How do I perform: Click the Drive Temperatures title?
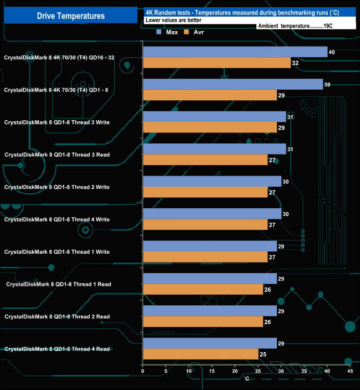[x=70, y=16]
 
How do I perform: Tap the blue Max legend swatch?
[x=160, y=33]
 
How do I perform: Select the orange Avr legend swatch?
[x=187, y=33]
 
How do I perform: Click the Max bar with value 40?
[x=235, y=52]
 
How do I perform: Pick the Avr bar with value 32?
[x=217, y=63]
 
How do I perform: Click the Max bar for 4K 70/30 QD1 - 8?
[x=233, y=84]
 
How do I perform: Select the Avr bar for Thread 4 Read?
[x=200, y=354]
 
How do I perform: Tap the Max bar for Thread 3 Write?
[x=214, y=116]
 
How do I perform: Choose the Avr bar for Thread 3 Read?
[x=205, y=160]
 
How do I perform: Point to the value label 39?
[x=327, y=84]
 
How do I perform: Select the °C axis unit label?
[x=247, y=378]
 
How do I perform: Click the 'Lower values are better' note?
[x=174, y=20]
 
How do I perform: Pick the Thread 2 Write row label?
[x=56, y=187]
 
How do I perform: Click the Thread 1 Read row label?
[x=59, y=284]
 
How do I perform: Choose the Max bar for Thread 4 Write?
[x=212, y=214]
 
